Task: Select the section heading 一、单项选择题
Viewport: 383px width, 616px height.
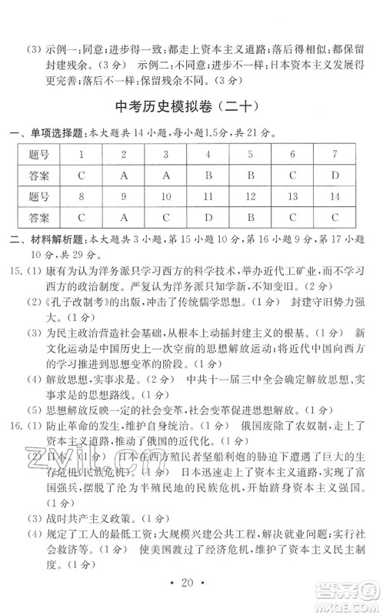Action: (52, 132)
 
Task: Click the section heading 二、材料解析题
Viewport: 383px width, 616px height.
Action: (52, 239)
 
